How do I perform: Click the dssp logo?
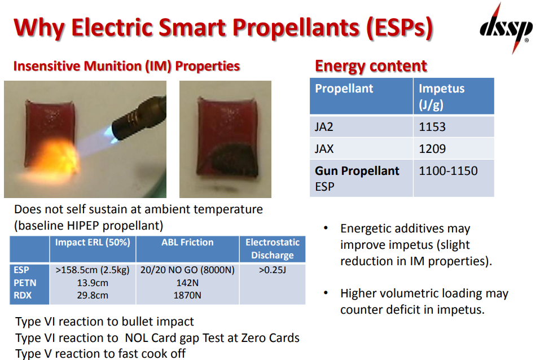(x=506, y=28)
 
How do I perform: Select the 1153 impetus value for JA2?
(x=432, y=127)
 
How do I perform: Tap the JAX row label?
(x=324, y=149)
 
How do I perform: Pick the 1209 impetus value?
(x=432, y=149)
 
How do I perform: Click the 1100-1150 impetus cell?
(x=448, y=171)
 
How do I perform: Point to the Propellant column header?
(x=344, y=89)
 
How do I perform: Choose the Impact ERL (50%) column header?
(x=93, y=243)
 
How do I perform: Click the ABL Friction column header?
(x=188, y=243)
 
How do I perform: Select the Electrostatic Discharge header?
(x=273, y=249)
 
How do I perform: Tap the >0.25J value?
(x=273, y=270)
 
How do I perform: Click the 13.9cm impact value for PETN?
(x=93, y=283)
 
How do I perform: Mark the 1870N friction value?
(x=187, y=296)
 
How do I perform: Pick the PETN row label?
(x=25, y=283)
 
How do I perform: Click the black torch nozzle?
(x=140, y=119)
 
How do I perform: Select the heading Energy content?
(x=371, y=66)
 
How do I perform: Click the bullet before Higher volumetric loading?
(x=326, y=293)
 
